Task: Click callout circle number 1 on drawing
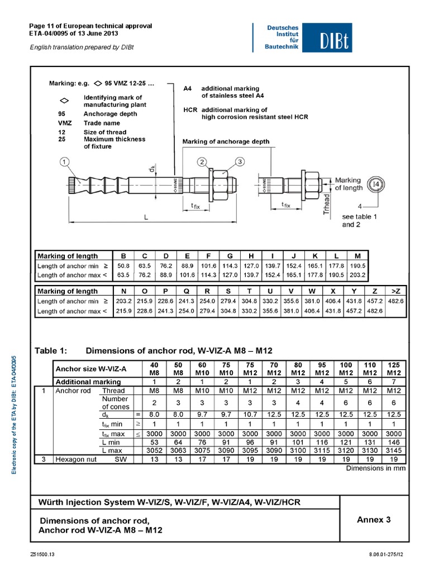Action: pyautogui.click(x=65, y=162)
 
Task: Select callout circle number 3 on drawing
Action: pyautogui.click(x=240, y=162)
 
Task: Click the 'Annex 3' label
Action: pyautogui.click(x=374, y=520)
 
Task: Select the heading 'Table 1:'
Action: pyautogui.click(x=51, y=350)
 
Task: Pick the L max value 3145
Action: pyautogui.click(x=394, y=450)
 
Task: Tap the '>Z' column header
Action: pyautogui.click(x=396, y=291)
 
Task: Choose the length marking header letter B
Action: pyautogui.click(x=123, y=256)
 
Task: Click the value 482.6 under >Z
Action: pyautogui.click(x=396, y=301)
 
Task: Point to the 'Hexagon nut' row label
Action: pyautogui.click(x=75, y=458)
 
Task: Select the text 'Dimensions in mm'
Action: pyautogui.click(x=375, y=468)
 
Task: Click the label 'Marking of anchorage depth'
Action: pyautogui.click(x=226, y=142)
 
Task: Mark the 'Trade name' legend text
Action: pyautogui.click(x=102, y=123)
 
